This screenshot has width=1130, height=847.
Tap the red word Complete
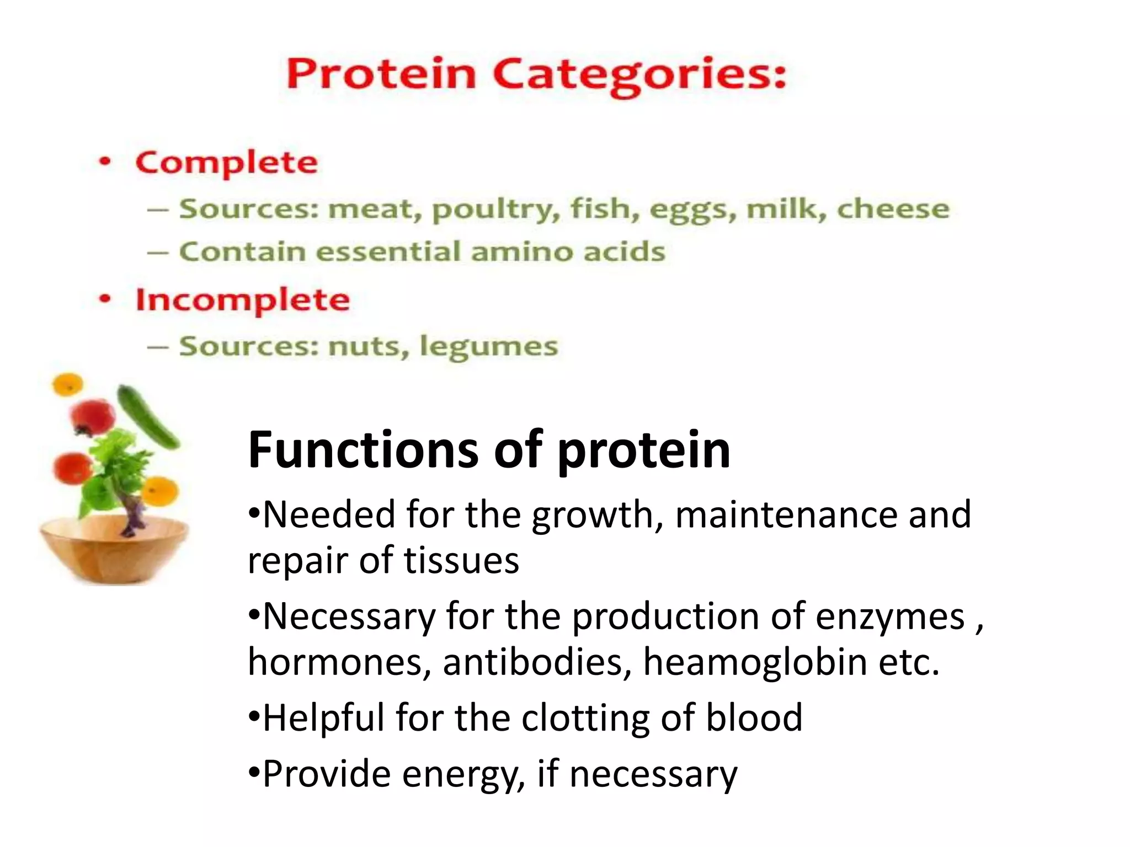coord(227,163)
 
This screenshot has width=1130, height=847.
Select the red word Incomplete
coord(243,300)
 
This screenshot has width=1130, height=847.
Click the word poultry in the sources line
coord(492,210)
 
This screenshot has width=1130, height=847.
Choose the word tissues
coord(461,560)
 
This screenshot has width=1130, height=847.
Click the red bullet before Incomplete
coord(104,299)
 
